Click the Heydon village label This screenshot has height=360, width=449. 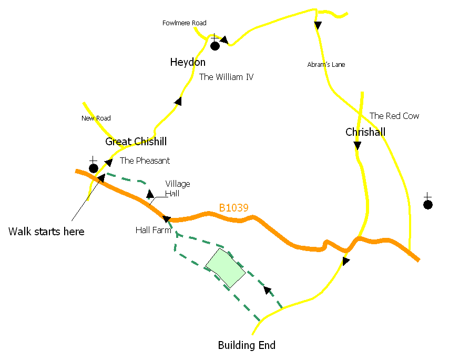click(188, 63)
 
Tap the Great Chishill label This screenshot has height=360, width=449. click(136, 142)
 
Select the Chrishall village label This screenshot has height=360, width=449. click(365, 132)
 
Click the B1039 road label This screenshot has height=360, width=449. click(233, 208)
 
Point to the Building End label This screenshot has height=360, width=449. click(247, 346)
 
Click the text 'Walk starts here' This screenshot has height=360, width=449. click(46, 232)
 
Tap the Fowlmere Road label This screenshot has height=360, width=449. click(184, 23)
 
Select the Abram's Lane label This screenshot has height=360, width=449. click(326, 65)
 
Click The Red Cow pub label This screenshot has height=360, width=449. click(394, 116)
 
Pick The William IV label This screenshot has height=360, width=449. click(226, 77)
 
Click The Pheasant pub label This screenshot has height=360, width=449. click(145, 161)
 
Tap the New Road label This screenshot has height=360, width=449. click(96, 118)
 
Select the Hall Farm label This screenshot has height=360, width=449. click(154, 230)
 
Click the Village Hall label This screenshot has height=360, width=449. click(178, 188)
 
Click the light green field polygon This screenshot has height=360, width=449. click(225, 268)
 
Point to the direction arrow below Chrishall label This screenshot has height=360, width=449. click(358, 145)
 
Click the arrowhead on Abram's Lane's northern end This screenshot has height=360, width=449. click(318, 25)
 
